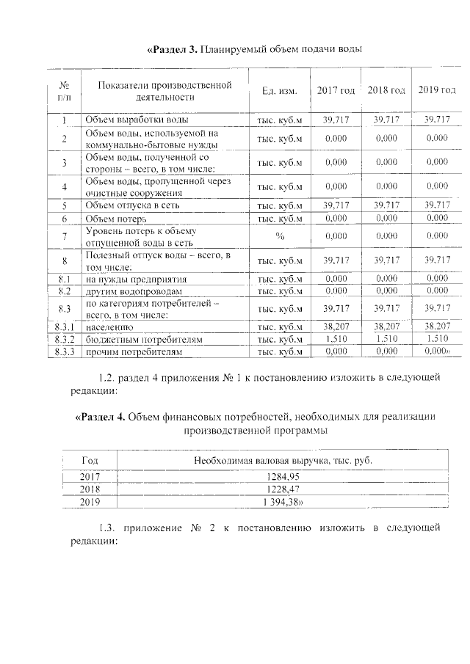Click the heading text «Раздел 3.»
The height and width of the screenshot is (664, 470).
(x=173, y=49)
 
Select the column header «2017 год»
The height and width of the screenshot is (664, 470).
(x=336, y=90)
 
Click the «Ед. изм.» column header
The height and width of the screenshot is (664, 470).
(x=279, y=91)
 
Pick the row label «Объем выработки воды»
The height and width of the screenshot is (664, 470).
(x=136, y=120)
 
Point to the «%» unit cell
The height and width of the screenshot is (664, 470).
(x=279, y=236)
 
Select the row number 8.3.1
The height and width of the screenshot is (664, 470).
(x=64, y=326)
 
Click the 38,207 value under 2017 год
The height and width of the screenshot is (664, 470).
(x=336, y=326)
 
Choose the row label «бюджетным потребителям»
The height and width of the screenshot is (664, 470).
(x=144, y=340)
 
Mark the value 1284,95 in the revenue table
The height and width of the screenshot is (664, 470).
(x=283, y=476)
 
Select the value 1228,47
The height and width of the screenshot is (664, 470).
(x=283, y=489)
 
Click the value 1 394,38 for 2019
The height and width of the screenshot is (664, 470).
(x=283, y=502)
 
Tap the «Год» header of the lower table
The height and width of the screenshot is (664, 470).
(x=90, y=459)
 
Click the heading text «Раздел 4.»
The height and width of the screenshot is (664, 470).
(x=101, y=417)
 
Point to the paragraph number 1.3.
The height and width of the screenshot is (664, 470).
(x=107, y=528)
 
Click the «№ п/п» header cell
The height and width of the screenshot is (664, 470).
(x=64, y=91)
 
